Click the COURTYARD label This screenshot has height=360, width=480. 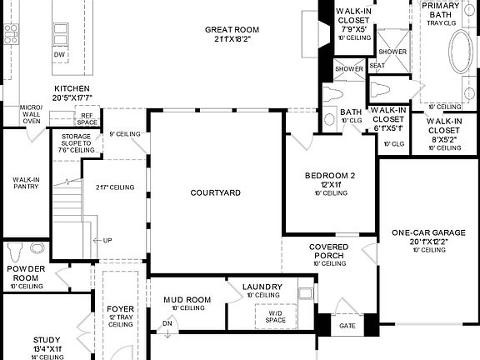point(215,192)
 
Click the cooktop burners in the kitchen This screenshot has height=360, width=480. point(11,34)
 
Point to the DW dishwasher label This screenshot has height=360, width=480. point(59,55)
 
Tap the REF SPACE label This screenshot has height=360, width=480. point(87,119)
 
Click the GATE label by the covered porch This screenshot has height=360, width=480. point(347,326)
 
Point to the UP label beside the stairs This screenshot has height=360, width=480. point(107,241)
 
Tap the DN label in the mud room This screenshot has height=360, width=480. point(167,324)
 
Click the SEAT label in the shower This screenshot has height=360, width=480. point(377,66)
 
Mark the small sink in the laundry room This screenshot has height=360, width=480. point(305,292)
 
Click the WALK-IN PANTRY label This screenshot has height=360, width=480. point(24,183)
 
